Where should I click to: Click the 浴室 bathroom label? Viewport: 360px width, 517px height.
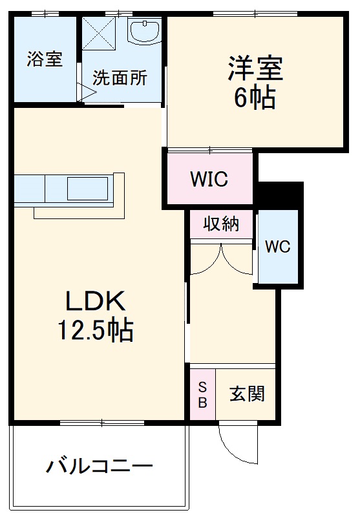point(45,59)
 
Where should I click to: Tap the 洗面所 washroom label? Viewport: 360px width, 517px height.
point(120,78)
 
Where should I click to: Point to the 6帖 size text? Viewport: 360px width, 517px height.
point(255,99)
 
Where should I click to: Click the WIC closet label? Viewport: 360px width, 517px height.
point(209,179)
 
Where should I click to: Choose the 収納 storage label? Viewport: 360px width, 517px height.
point(221,224)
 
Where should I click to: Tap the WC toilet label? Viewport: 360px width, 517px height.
point(278,246)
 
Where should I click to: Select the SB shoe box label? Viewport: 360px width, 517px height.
point(202,394)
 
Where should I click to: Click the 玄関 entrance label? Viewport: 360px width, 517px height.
point(247,394)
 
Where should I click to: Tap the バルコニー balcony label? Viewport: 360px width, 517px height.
point(99,466)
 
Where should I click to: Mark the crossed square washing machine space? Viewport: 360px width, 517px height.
point(100,33)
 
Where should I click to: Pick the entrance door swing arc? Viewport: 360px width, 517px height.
point(233,443)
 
